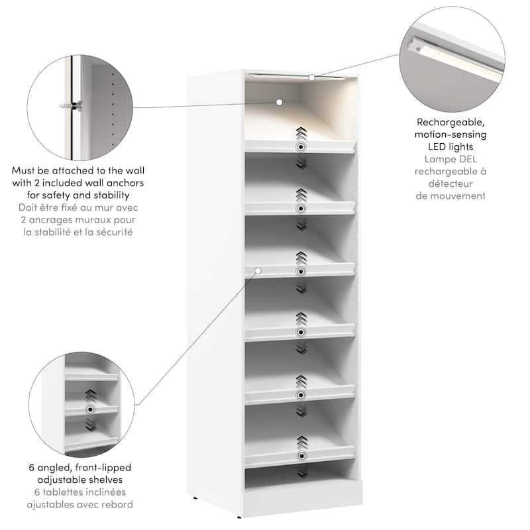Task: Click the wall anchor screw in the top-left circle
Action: tap(72, 106)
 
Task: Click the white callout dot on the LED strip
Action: tap(311, 78)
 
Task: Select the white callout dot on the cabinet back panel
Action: tap(279, 102)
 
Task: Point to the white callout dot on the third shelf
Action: tap(258, 270)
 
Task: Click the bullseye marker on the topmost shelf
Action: tap(301, 147)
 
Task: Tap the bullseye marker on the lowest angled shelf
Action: tap(301, 456)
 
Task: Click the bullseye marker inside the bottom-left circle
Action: tap(90, 409)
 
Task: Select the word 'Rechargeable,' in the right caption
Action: tap(450, 122)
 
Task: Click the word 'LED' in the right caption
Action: tap(437, 146)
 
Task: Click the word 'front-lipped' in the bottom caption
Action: tap(103, 468)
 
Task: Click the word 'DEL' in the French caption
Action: tap(468, 159)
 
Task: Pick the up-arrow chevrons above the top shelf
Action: tap(301, 133)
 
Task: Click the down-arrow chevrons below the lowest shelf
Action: tap(301, 471)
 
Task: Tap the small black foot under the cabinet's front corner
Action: tap(239, 517)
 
